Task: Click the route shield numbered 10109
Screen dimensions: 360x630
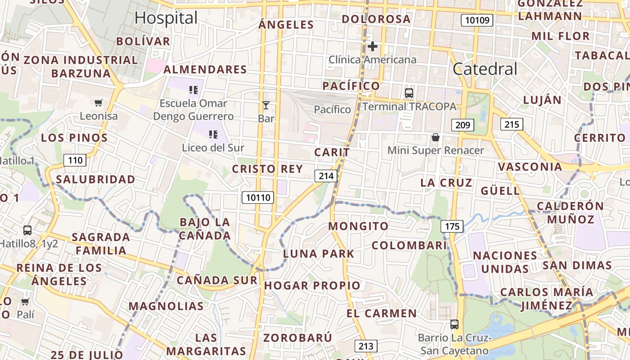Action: click(477, 20)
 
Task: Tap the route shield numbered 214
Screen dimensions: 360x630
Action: click(326, 176)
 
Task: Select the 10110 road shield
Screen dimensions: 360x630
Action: click(258, 197)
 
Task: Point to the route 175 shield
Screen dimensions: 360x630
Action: click(452, 226)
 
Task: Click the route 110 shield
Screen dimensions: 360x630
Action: click(75, 160)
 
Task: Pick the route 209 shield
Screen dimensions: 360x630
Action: click(463, 125)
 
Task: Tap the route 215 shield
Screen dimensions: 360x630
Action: click(512, 124)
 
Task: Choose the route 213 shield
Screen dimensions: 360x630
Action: click(366, 346)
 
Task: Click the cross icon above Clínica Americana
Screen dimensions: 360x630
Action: click(373, 46)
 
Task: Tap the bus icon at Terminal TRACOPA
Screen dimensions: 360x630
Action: click(409, 93)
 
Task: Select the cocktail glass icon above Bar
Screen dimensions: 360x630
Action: click(266, 106)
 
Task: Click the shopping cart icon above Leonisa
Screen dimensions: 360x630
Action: click(99, 103)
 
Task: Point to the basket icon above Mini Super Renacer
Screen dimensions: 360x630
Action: click(435, 137)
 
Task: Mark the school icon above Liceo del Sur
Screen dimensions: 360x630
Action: click(213, 134)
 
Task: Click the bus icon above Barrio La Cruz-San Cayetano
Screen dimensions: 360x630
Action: click(454, 324)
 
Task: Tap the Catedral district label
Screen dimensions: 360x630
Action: click(485, 69)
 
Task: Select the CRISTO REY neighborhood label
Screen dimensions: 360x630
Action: click(267, 169)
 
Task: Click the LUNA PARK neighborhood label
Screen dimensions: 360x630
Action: click(319, 253)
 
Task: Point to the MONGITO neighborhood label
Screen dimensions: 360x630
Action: click(358, 226)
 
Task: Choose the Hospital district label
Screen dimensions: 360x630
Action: click(166, 18)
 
